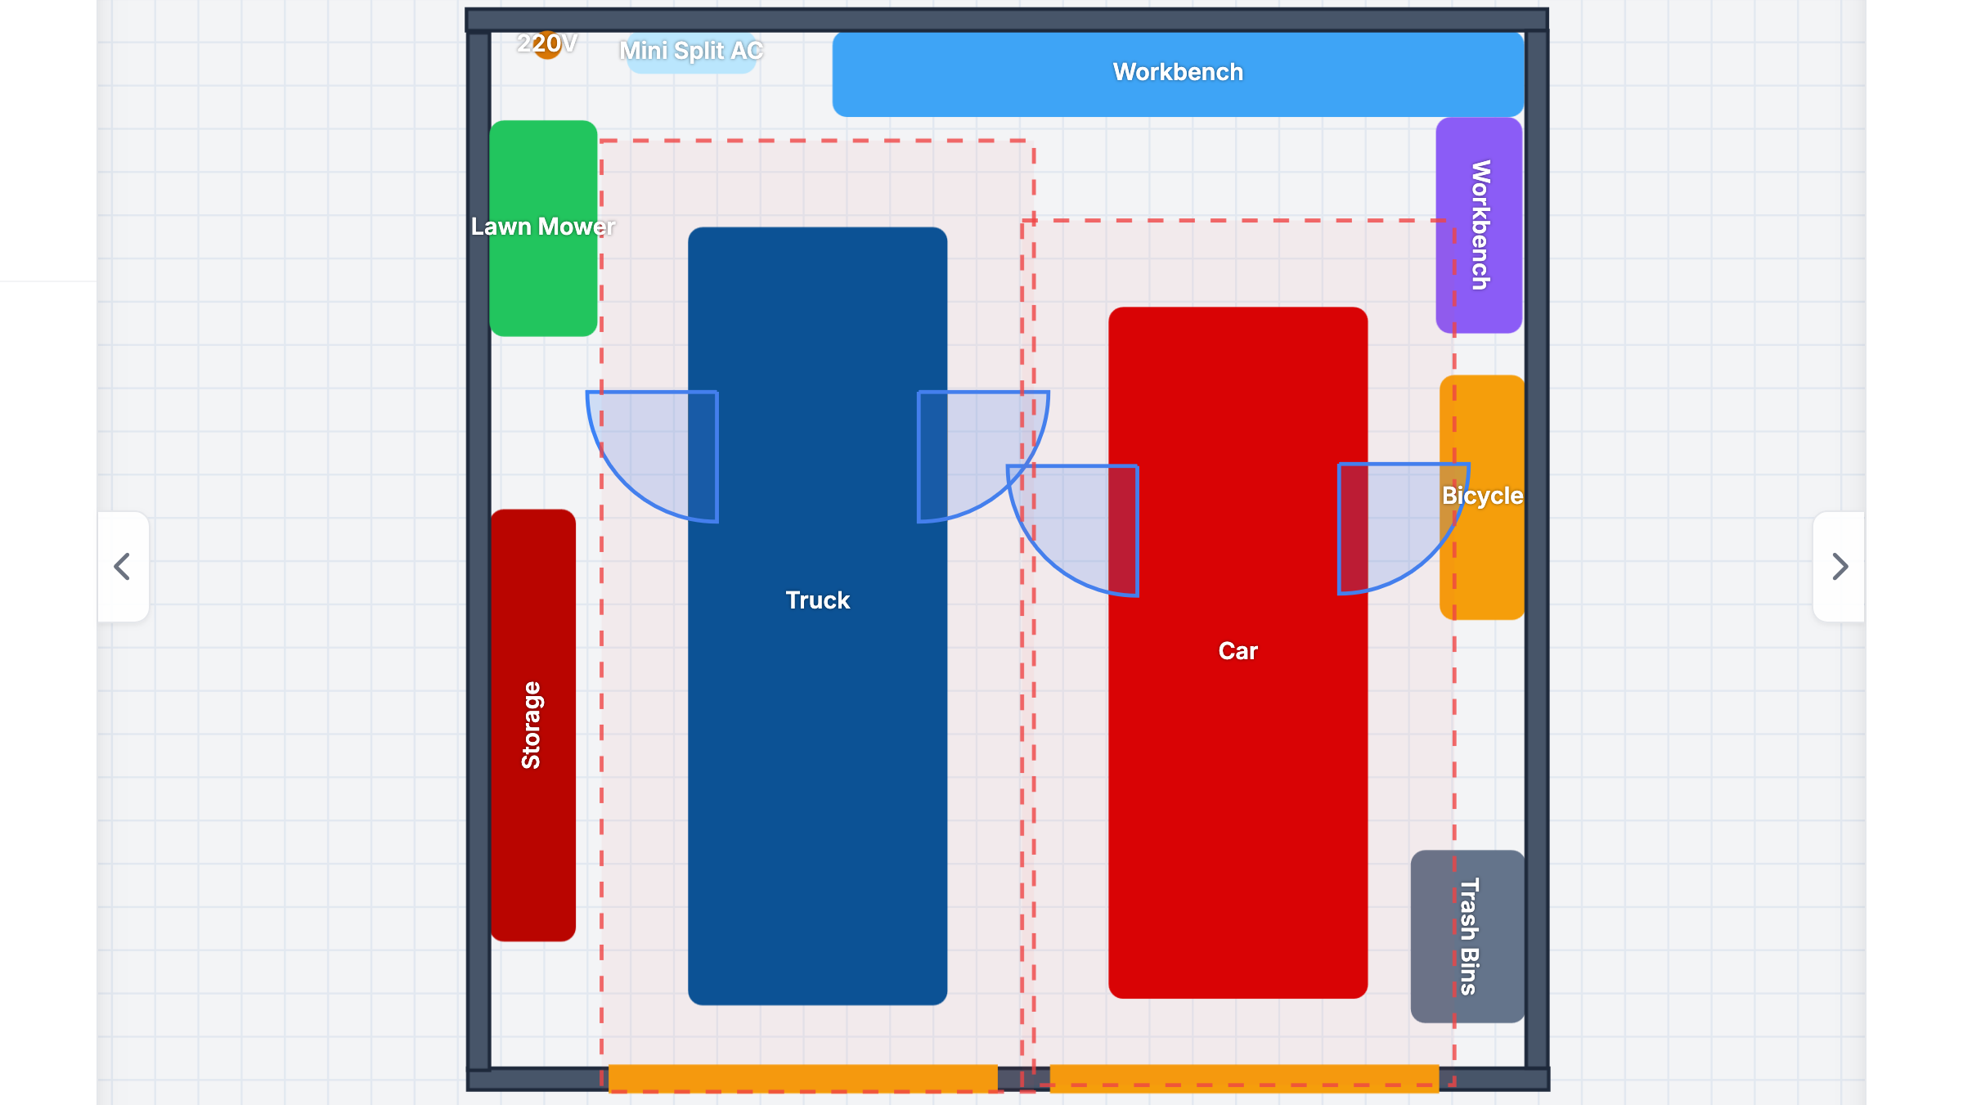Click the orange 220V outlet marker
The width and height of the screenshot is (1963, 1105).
(x=547, y=44)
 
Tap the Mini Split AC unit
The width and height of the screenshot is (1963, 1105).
(x=691, y=52)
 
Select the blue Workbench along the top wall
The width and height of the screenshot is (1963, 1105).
(x=1178, y=74)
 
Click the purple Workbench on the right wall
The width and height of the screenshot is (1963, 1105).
(x=1479, y=225)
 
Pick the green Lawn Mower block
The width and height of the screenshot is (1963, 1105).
(x=543, y=228)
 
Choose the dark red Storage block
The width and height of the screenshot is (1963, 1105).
(x=533, y=725)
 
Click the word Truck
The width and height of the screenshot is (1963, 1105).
(x=818, y=600)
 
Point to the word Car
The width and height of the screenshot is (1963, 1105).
(x=1238, y=651)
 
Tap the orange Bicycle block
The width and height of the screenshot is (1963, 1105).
(x=1482, y=497)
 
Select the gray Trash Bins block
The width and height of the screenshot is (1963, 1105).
(x=1467, y=937)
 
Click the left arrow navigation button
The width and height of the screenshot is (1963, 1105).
(x=123, y=567)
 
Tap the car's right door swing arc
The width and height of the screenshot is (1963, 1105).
(x=1431, y=556)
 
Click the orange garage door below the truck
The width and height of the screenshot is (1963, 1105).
(x=802, y=1078)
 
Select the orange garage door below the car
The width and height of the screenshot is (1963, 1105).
(x=1244, y=1078)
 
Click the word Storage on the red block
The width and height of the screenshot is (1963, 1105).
(x=532, y=725)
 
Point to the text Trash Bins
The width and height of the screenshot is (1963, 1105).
(x=1469, y=937)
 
